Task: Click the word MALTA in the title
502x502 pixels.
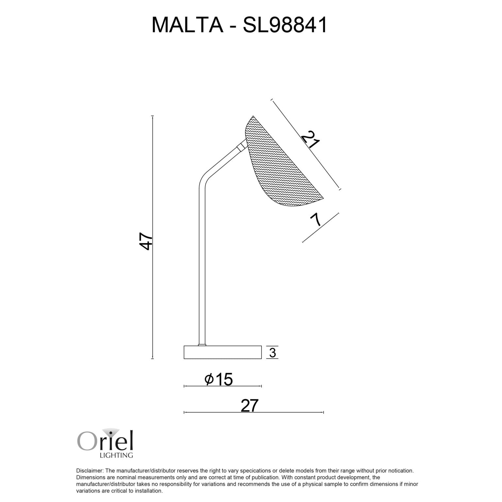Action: (187, 25)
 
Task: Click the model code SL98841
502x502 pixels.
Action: (285, 25)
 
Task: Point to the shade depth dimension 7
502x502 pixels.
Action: (316, 220)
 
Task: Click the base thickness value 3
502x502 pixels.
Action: (273, 353)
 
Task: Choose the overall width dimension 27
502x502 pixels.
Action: (250, 406)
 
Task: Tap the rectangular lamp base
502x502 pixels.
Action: (223, 352)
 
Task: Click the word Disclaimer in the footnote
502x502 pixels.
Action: (89, 471)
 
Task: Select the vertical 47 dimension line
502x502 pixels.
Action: (153, 294)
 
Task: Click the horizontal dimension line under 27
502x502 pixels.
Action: (254, 412)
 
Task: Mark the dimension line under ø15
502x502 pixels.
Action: (223, 386)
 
